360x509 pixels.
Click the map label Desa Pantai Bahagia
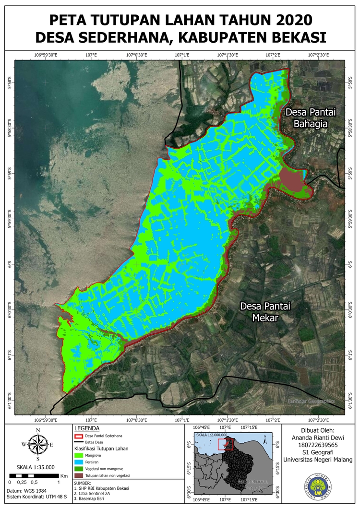(x=310, y=118)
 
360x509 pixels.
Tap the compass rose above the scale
(x=38, y=444)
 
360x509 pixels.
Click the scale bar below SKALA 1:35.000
(x=34, y=475)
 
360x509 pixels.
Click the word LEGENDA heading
(x=87, y=428)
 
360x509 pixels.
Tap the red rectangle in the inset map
(x=225, y=445)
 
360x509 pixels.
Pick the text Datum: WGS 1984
(x=26, y=491)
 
